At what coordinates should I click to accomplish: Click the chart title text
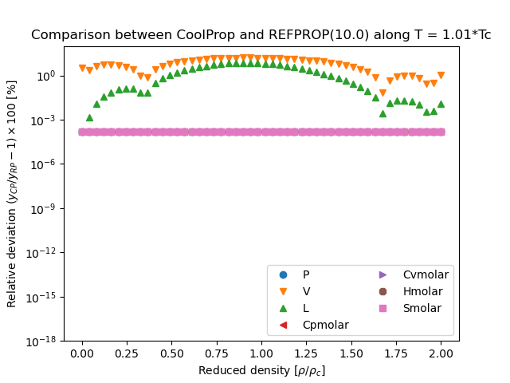(x=261, y=35)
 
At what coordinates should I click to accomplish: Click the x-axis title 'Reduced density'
(x=261, y=370)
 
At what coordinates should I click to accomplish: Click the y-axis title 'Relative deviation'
(x=12, y=194)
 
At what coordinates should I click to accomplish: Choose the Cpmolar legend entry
(x=325, y=325)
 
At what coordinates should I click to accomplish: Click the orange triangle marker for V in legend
(x=283, y=291)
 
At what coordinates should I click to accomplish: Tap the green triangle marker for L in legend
(x=283, y=308)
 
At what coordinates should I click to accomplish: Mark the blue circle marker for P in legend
(x=283, y=274)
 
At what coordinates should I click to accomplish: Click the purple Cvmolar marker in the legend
(x=383, y=274)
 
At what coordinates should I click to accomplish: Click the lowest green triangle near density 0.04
(x=89, y=117)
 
